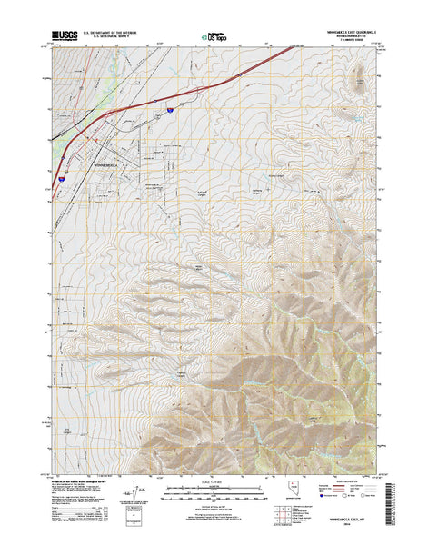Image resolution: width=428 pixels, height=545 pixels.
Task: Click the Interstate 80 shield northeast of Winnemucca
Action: pos(169,109)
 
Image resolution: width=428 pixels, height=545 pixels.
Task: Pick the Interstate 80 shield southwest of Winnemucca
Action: pos(62,180)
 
